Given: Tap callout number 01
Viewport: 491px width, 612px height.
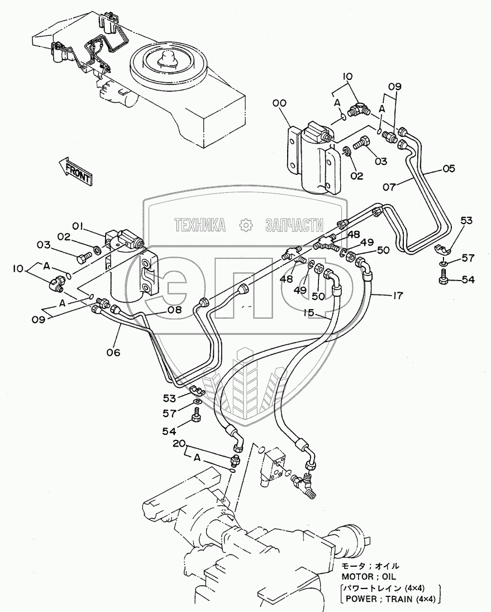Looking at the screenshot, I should coord(77,226).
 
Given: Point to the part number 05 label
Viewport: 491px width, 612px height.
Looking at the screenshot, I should coord(449,168).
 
